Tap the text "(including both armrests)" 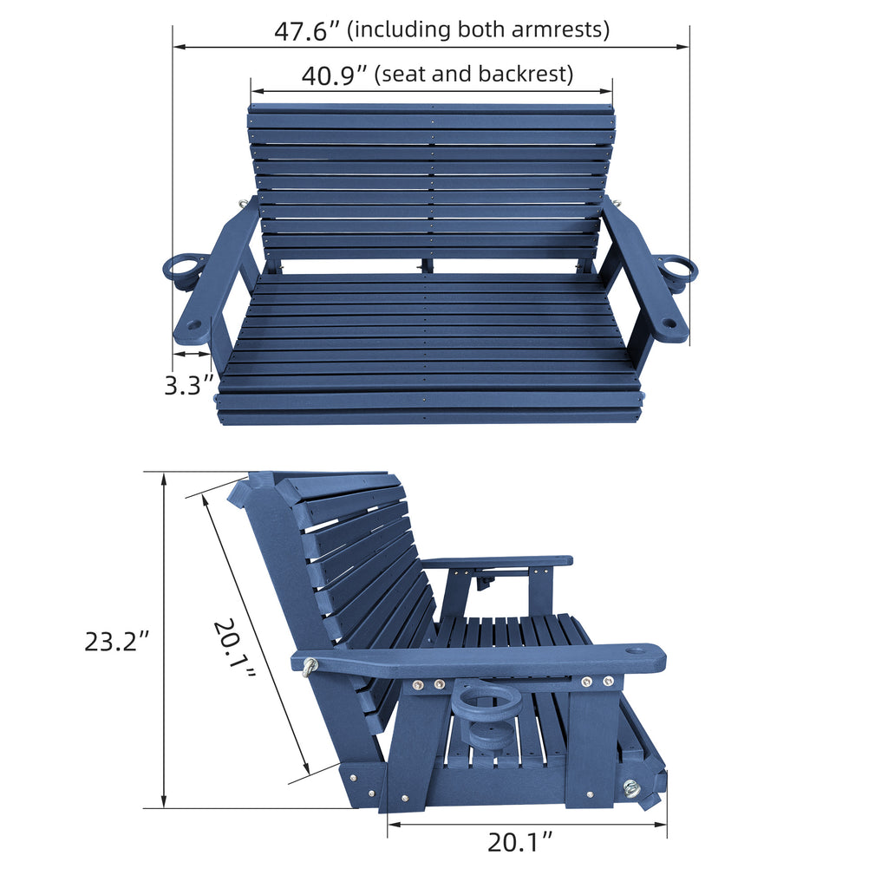478,29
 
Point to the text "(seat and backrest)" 473,75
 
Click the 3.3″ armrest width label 189,385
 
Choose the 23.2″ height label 117,642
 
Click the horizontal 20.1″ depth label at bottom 519,841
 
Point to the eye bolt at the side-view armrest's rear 309,666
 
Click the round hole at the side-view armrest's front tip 635,649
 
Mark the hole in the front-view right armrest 669,323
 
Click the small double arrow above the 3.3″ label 192,354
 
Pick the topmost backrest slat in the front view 431,109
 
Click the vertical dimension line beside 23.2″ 164,640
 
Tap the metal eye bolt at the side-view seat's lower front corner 631,787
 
